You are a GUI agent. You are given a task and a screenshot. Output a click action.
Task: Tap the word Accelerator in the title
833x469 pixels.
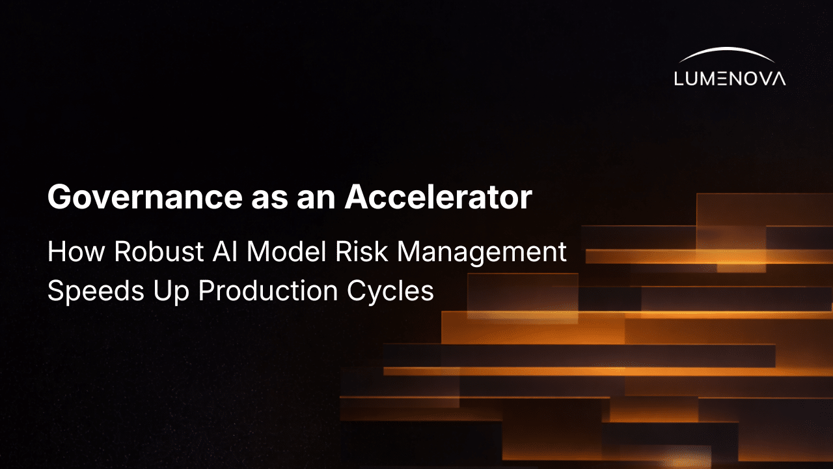point(439,197)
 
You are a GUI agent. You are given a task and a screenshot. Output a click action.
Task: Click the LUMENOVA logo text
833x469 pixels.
point(730,79)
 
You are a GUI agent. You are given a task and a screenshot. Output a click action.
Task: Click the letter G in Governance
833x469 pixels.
point(59,197)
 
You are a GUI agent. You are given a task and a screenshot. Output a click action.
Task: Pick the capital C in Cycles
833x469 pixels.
point(357,291)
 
